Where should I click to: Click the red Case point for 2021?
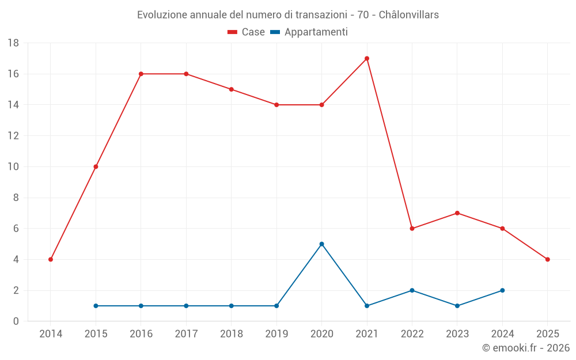pos(367,58)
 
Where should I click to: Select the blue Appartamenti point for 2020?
pos(321,244)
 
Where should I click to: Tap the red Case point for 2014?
pos(51,259)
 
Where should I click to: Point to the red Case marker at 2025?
pos(547,259)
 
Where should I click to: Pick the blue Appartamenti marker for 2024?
pos(502,290)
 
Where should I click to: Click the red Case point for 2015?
pos(96,166)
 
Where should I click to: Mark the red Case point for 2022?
pos(412,228)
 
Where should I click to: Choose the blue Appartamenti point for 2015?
pos(96,306)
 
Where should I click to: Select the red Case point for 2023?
pos(457,213)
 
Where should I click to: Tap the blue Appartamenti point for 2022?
pos(412,290)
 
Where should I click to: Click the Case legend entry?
pos(247,32)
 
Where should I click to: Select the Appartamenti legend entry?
pos(309,32)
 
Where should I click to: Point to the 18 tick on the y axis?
pos(13,43)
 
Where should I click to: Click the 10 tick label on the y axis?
pos(13,166)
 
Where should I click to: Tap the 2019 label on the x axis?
pos(276,334)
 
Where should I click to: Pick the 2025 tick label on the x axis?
pos(547,334)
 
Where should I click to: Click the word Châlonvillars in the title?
pos(409,14)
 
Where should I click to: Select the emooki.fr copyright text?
pos(526,348)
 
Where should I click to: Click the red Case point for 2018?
pos(231,89)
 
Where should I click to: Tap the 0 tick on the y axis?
pos(16,321)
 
